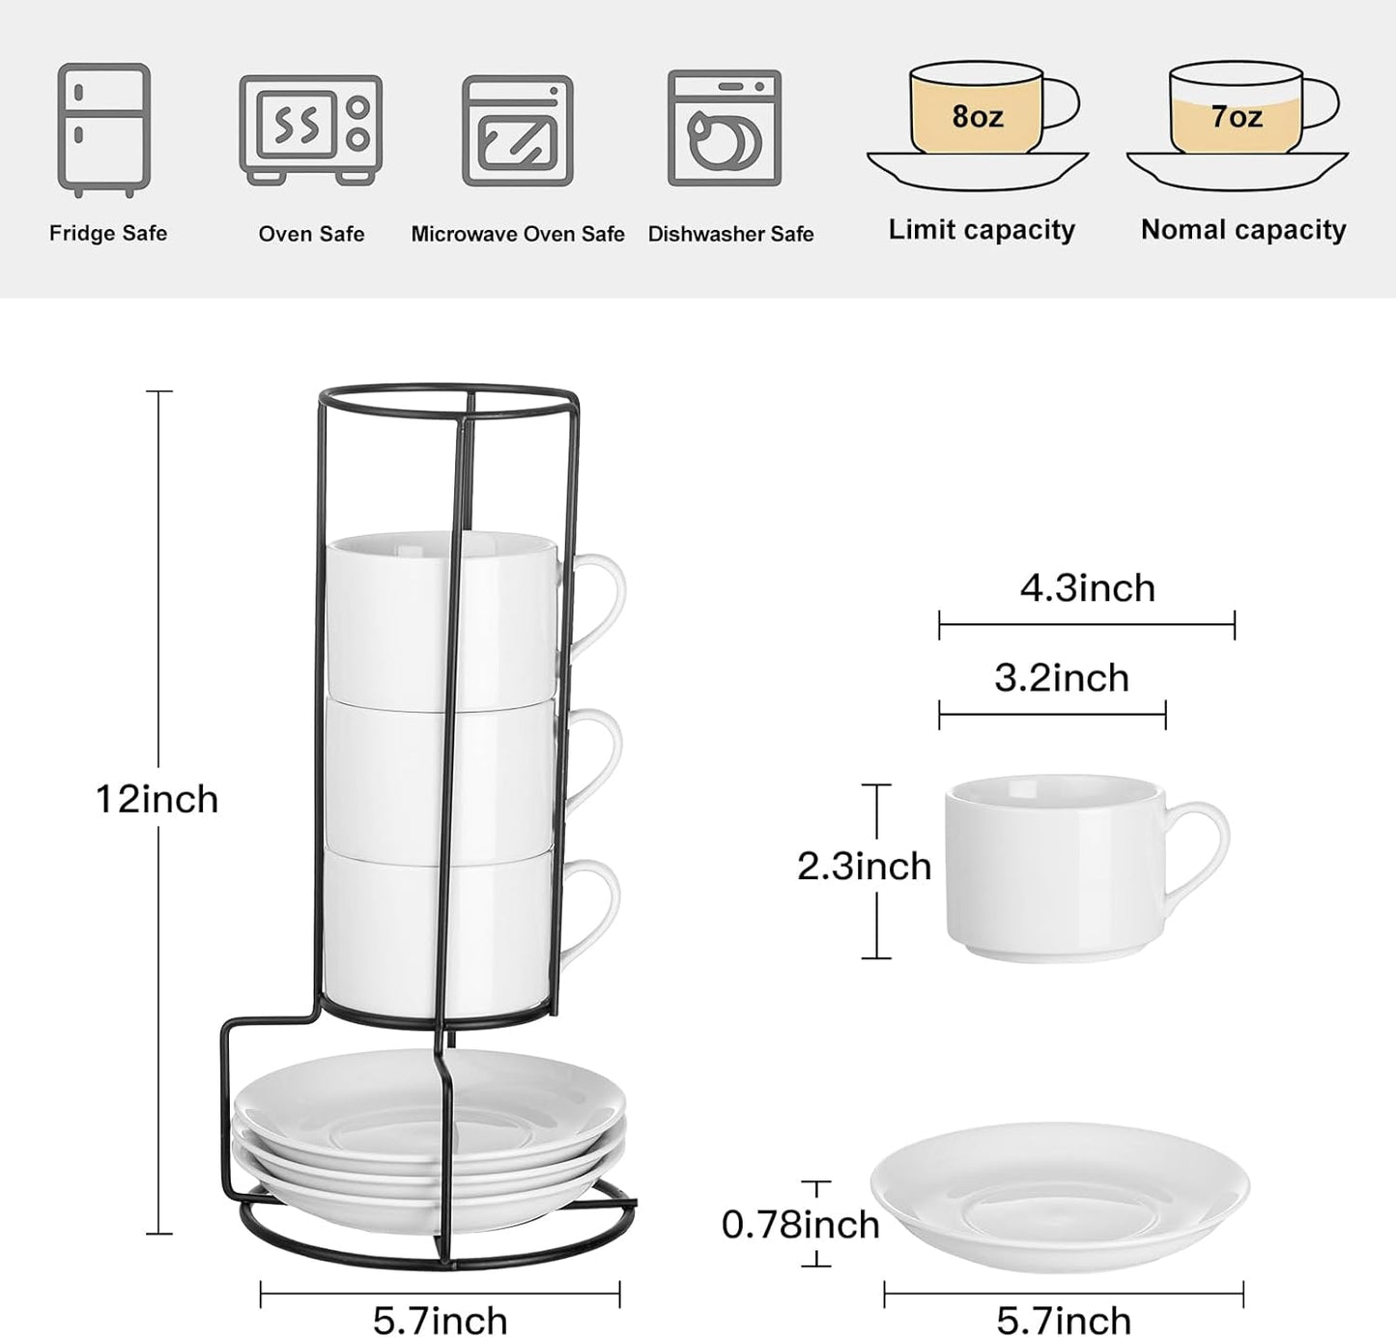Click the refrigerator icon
point(104,129)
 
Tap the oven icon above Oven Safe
point(311,129)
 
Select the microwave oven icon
point(517,130)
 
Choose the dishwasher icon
point(725,128)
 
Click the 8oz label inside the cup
point(977,116)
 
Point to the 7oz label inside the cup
point(1237,116)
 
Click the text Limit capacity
point(982,230)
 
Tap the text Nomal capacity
point(1243,230)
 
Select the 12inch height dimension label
point(157,799)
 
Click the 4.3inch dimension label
point(1088,588)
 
